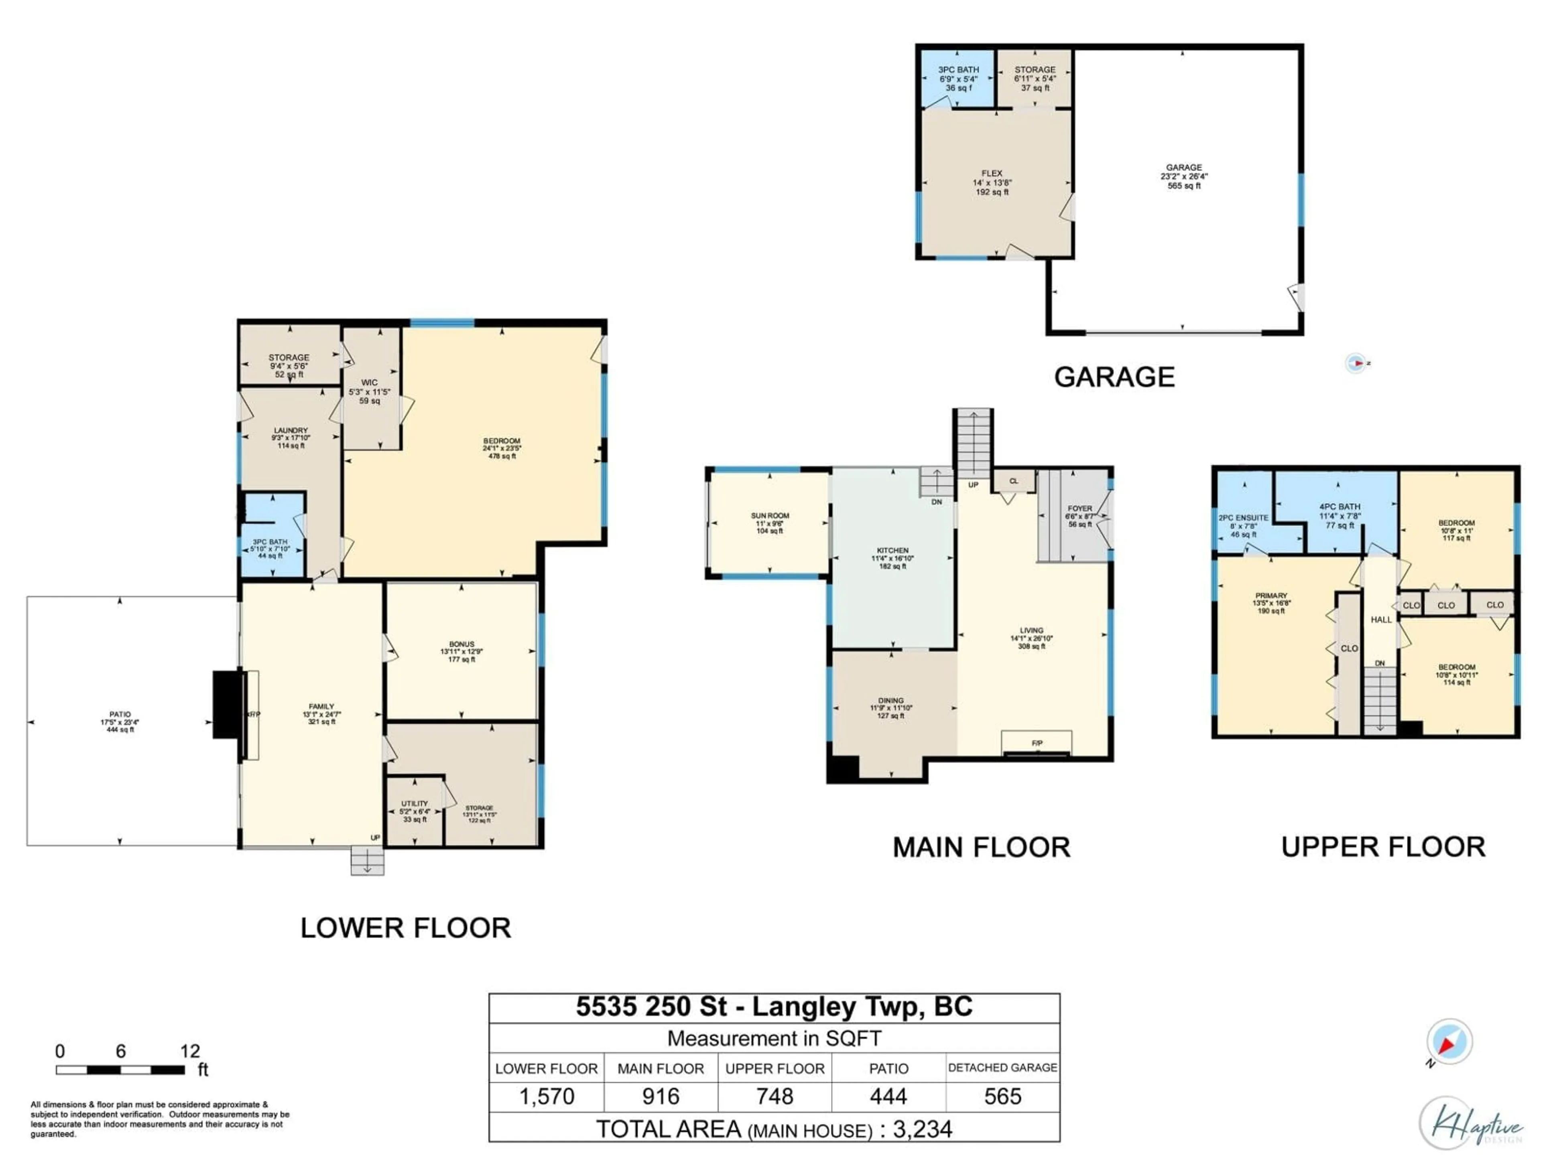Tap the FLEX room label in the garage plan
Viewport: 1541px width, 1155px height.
coord(992,182)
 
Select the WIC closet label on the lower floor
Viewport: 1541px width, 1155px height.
coord(369,391)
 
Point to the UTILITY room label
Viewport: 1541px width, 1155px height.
coord(415,811)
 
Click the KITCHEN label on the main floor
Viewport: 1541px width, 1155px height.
coord(892,558)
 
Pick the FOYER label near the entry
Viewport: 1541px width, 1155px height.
coord(1080,516)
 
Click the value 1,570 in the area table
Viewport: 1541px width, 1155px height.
coord(547,1096)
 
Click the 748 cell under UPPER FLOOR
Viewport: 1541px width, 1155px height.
coord(775,1096)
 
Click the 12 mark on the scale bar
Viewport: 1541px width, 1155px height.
coord(189,1051)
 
